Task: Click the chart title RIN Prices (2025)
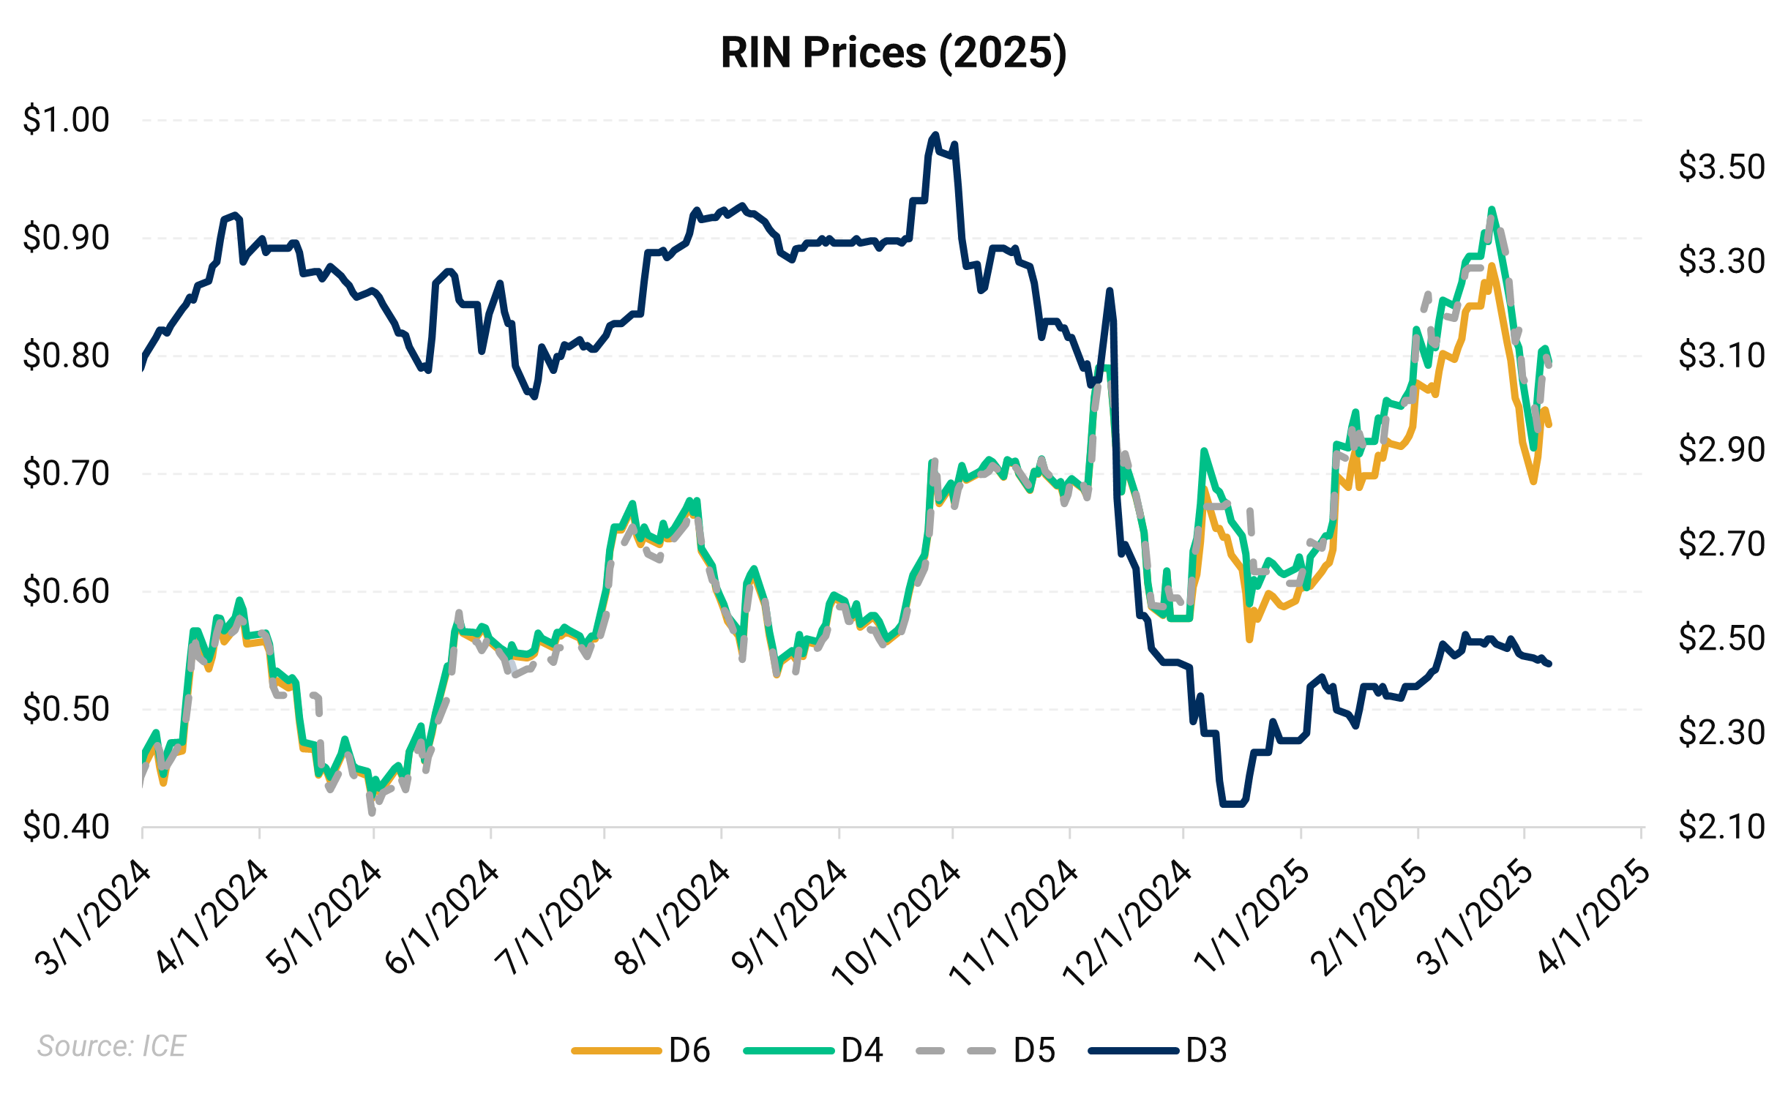pos(894,53)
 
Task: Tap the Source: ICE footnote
pos(111,1046)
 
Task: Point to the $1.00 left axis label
pos(66,119)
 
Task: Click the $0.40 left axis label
pos(66,827)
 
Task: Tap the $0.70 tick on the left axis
pos(66,473)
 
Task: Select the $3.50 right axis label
pos(1721,167)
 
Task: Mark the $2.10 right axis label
pos(1721,827)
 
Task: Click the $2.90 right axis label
pos(1721,449)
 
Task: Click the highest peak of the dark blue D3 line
pos(935,135)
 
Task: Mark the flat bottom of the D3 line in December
pos(1233,804)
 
